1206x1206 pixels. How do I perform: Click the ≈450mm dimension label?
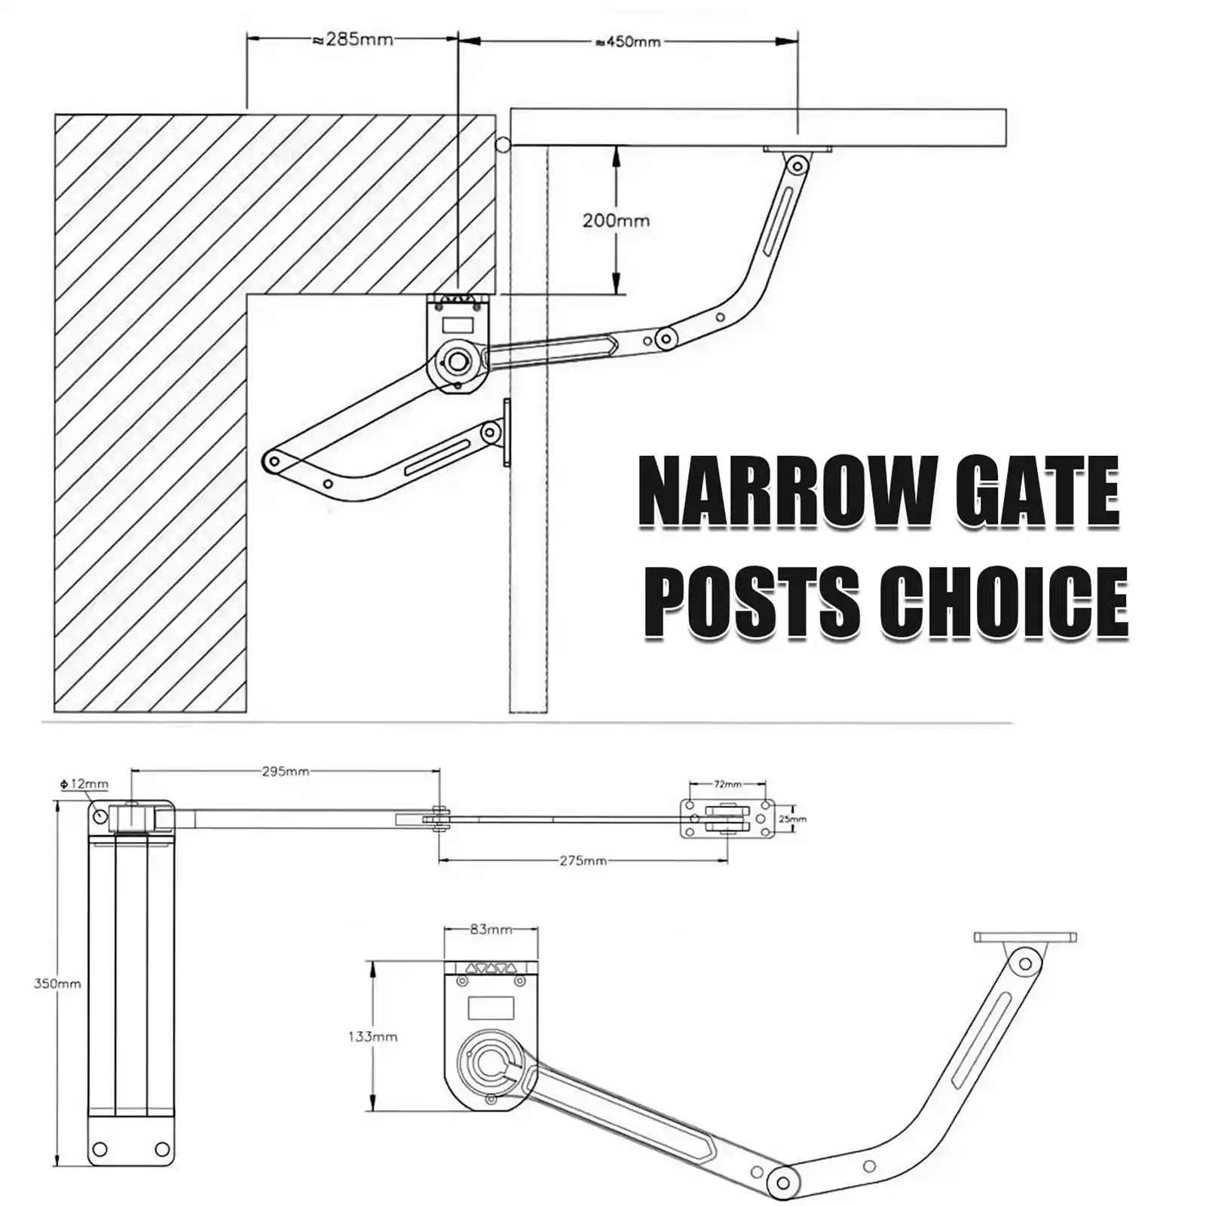(x=628, y=42)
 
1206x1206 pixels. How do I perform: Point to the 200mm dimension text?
(x=615, y=221)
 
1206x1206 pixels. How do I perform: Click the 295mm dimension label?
(x=285, y=771)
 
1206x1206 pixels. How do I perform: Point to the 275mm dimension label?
(x=583, y=860)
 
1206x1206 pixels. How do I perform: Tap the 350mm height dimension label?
(x=57, y=984)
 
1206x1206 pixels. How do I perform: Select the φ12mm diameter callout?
(x=84, y=784)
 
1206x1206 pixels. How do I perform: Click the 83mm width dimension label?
(x=491, y=929)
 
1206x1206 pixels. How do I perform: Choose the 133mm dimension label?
(x=372, y=1036)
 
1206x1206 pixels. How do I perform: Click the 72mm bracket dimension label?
(x=727, y=784)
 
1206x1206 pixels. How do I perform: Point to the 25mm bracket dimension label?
(x=792, y=819)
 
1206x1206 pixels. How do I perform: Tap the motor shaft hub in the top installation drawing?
(x=457, y=361)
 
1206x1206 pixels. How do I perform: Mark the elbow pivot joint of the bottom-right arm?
(x=782, y=1177)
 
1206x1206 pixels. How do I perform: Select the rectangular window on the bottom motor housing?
(x=491, y=1008)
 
